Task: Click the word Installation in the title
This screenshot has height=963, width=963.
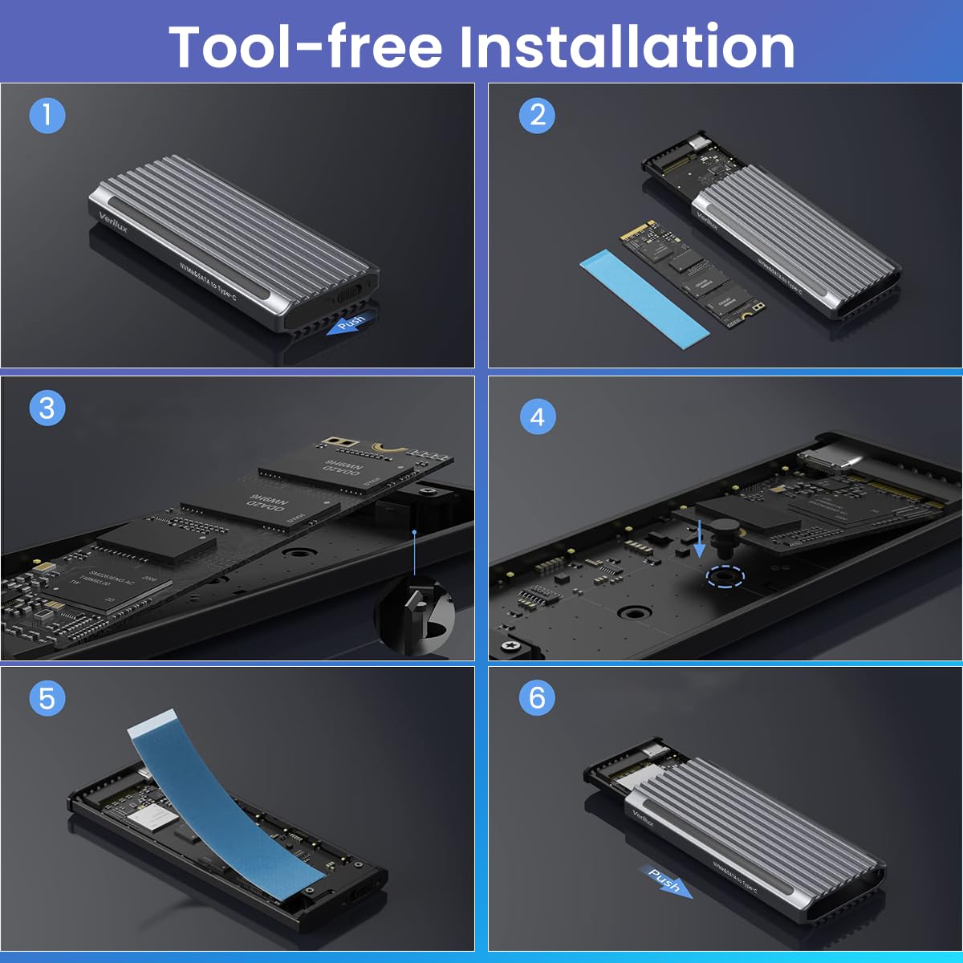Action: [x=627, y=47]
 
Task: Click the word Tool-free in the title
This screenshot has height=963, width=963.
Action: [x=306, y=47]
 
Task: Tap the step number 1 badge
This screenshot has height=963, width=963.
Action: [x=47, y=116]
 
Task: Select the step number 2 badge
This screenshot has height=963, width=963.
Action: [x=537, y=116]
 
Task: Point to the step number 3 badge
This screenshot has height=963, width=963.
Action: [x=47, y=408]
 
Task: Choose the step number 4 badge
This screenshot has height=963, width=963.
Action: [x=537, y=417]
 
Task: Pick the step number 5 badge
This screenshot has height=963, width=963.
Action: [x=47, y=698]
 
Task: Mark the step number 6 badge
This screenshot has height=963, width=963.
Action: [x=537, y=698]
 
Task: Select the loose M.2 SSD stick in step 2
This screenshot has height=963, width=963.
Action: [x=692, y=274]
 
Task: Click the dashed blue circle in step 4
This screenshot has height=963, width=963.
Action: [x=725, y=577]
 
